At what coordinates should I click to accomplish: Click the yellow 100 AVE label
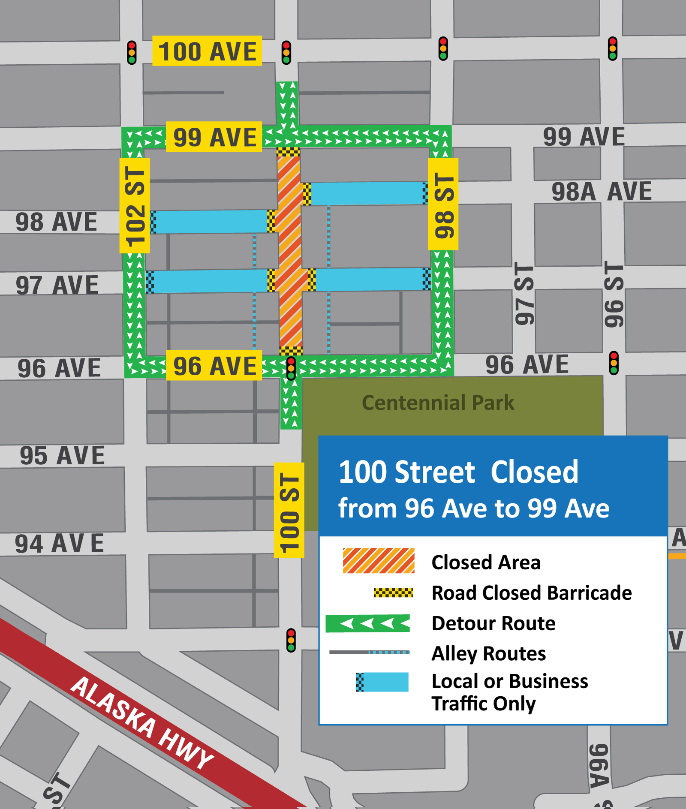pyautogui.click(x=207, y=51)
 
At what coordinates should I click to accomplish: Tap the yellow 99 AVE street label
pyautogui.click(x=214, y=137)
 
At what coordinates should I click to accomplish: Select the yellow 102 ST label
pyautogui.click(x=135, y=206)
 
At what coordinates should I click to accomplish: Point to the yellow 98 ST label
pyautogui.click(x=443, y=204)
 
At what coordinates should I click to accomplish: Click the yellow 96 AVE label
pyautogui.click(x=214, y=366)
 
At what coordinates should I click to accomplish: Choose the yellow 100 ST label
pyautogui.click(x=289, y=510)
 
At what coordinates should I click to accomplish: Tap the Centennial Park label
pyautogui.click(x=438, y=403)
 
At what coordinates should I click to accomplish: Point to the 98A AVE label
pyautogui.click(x=601, y=191)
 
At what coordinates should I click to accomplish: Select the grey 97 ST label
pyautogui.click(x=524, y=294)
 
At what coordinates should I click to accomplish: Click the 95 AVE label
pyautogui.click(x=62, y=455)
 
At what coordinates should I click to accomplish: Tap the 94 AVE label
pyautogui.click(x=60, y=543)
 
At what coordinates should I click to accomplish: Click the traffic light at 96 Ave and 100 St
pyautogui.click(x=291, y=368)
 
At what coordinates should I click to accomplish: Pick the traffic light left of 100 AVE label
pyautogui.click(x=132, y=53)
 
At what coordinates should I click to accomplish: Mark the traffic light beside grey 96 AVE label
pyautogui.click(x=614, y=363)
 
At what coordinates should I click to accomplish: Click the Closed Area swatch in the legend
pyautogui.click(x=379, y=561)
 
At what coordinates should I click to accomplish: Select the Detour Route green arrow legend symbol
pyautogui.click(x=367, y=623)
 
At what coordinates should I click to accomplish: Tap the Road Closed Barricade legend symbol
pyautogui.click(x=393, y=593)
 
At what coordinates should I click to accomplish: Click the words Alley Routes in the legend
pyautogui.click(x=488, y=654)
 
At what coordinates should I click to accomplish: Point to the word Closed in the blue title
pyautogui.click(x=534, y=472)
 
